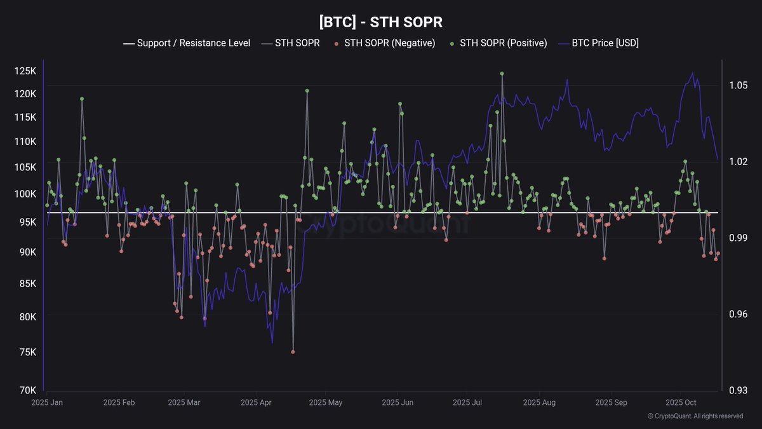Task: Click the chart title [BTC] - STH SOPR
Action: [380, 22]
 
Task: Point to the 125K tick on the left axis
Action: [24, 71]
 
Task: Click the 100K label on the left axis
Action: [24, 194]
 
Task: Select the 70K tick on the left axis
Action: [26, 390]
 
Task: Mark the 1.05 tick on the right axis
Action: [738, 85]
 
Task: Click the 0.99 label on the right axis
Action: [738, 238]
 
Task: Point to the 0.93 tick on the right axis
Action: [738, 390]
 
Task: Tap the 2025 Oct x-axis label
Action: [680, 402]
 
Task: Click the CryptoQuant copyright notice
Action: [695, 416]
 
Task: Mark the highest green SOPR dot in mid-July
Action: [502, 74]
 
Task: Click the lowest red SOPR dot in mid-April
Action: [293, 351]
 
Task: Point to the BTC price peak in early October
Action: [692, 72]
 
